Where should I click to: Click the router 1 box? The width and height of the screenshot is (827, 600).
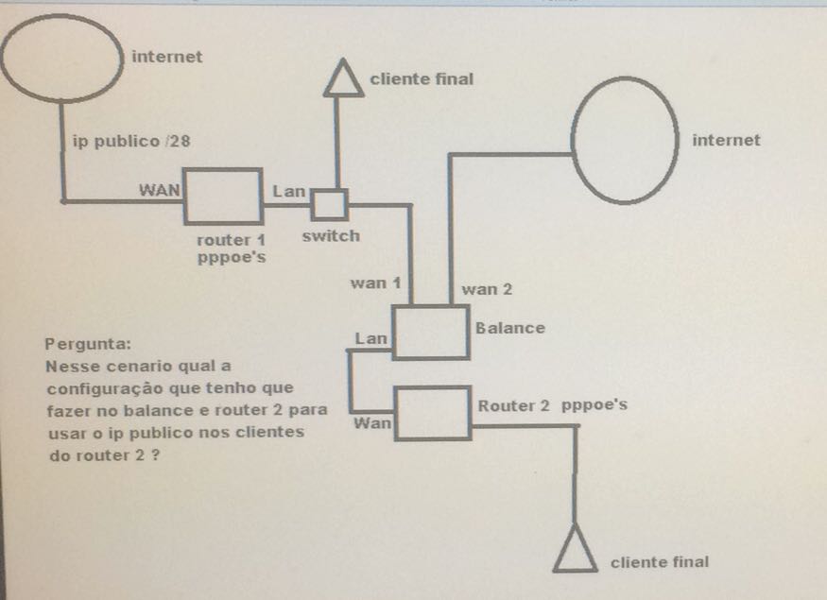point(223,197)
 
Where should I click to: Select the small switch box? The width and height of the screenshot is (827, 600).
point(330,203)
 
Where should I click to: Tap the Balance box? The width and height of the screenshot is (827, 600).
point(431,332)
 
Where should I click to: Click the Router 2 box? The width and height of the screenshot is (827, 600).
point(432,413)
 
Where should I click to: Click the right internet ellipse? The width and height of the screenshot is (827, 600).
point(626,138)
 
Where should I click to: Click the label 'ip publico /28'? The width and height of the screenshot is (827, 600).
point(132,142)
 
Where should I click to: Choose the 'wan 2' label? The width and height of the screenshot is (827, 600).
point(488,289)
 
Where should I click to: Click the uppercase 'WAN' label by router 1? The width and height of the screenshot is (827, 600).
point(160,188)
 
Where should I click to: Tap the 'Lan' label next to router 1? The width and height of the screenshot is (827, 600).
point(289,191)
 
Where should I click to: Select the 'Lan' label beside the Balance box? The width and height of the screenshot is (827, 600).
point(370,337)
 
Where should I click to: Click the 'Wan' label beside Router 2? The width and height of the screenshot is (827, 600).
point(372,423)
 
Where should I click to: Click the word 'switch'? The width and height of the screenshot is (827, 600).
point(331,236)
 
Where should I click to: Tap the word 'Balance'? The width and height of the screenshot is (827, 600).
point(510,328)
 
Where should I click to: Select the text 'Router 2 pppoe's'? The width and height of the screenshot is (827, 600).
point(553,406)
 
